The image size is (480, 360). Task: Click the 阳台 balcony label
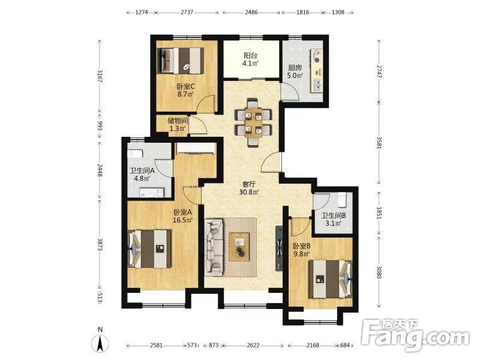pos(250,56)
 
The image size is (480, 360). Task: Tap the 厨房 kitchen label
pos(295,67)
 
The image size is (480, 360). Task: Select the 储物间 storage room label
pos(178,121)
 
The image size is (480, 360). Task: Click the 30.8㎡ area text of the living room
pos(249,192)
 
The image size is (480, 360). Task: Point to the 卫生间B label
pos(334,215)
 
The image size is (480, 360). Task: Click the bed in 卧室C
pos(181,61)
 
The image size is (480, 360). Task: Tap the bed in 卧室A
pos(149,249)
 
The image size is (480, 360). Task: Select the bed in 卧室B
pos(331,278)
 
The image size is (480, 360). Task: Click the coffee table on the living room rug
pos(239,247)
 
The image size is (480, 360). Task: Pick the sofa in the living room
pos(214,246)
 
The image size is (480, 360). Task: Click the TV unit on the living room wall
pos(279,248)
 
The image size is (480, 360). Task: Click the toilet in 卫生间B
pos(341,200)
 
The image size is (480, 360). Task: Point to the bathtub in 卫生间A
pos(135,153)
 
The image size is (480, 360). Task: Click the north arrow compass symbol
pos(100,343)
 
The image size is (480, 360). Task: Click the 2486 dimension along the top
pos(251,13)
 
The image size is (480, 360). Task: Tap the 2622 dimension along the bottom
pos(253,346)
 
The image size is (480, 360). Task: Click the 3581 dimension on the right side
pos(379,142)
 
